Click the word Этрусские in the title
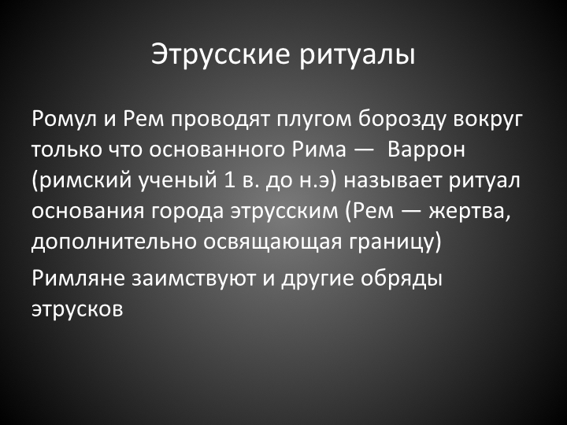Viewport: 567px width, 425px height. pyautogui.click(x=220, y=54)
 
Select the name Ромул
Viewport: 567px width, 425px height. pyautogui.click(x=65, y=120)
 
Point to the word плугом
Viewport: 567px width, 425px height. pyautogui.click(x=314, y=120)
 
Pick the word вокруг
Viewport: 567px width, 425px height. pyautogui.click(x=488, y=120)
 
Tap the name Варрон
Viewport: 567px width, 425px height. pyautogui.click(x=425, y=150)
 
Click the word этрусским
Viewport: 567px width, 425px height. pyautogui.click(x=284, y=211)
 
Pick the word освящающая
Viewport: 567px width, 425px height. pyautogui.click(x=272, y=242)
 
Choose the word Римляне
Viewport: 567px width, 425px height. pyautogui.click(x=79, y=279)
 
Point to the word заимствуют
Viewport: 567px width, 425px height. pyautogui.click(x=194, y=279)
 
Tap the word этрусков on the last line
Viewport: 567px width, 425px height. pyautogui.click(x=77, y=309)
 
